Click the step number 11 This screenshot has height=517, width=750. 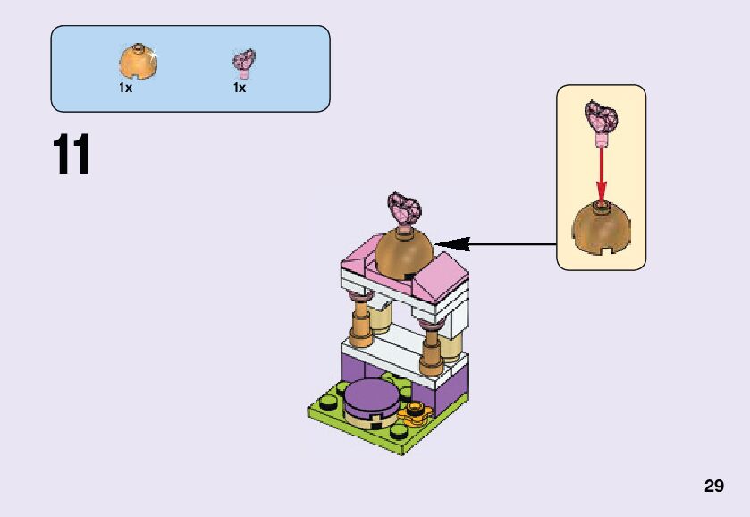[72, 155]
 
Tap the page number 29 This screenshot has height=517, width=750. [713, 487]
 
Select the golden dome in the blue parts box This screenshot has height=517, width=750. [138, 62]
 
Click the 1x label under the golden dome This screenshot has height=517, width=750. [125, 89]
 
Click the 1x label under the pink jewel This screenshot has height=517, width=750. [240, 89]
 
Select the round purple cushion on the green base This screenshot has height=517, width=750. [372, 398]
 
